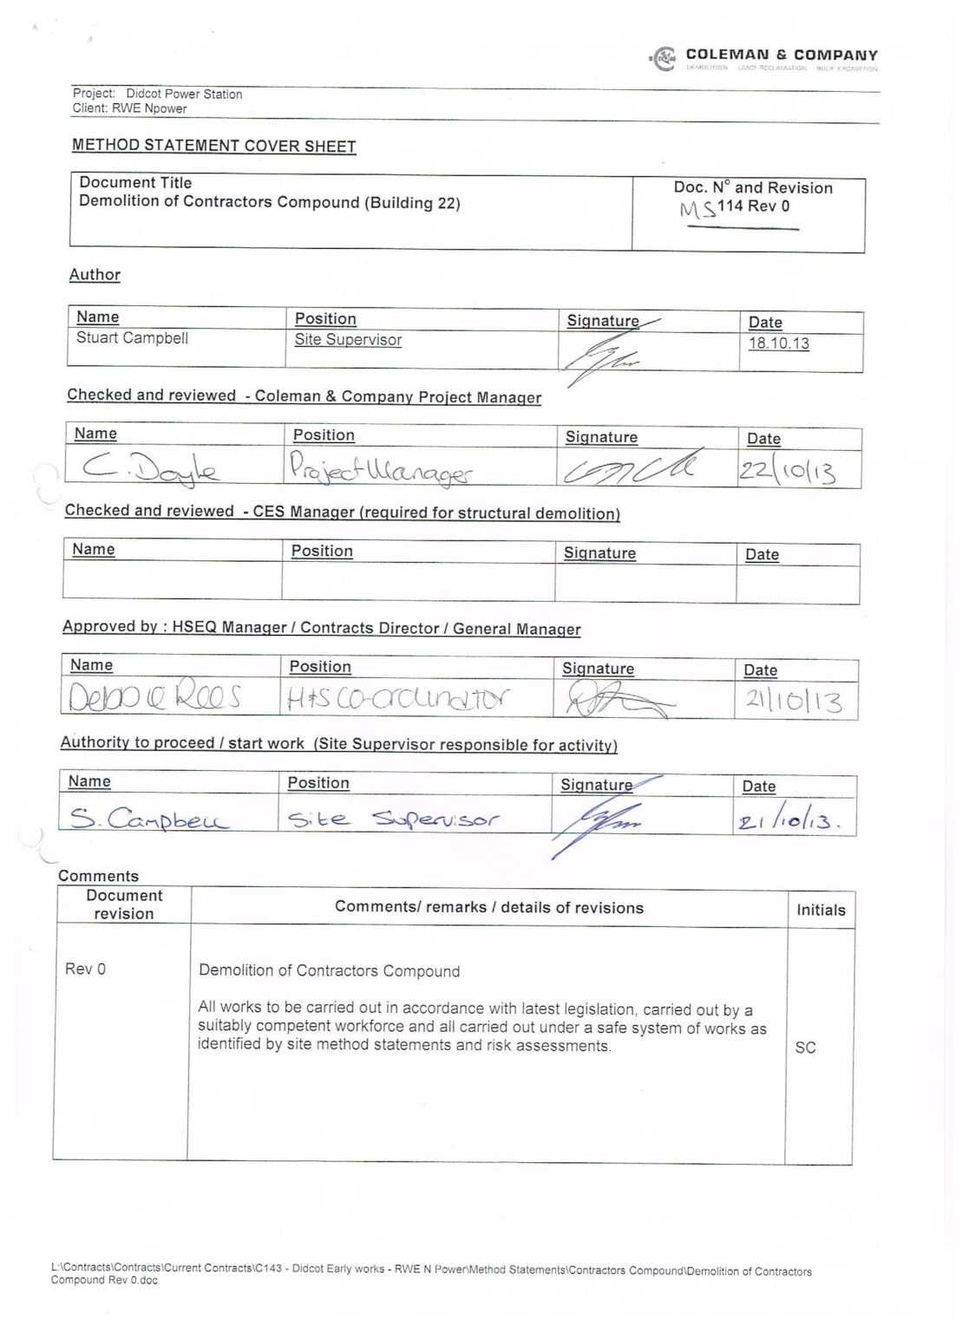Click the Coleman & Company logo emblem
click(664, 59)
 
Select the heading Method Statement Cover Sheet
click(213, 146)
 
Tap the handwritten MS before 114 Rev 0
click(697, 209)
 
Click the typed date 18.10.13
click(778, 343)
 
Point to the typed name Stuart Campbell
click(132, 338)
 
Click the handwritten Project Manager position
click(381, 469)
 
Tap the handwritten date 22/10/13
click(787, 471)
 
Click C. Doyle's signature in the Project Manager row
click(630, 468)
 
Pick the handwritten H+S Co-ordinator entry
click(398, 699)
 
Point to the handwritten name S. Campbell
click(148, 819)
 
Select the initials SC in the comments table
click(805, 1048)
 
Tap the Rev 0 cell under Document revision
click(85, 970)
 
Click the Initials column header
click(821, 910)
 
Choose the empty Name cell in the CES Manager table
click(172, 582)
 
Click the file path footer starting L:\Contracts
click(430, 1274)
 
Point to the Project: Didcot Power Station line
click(157, 94)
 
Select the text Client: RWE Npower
click(129, 108)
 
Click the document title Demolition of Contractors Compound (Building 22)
click(269, 202)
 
